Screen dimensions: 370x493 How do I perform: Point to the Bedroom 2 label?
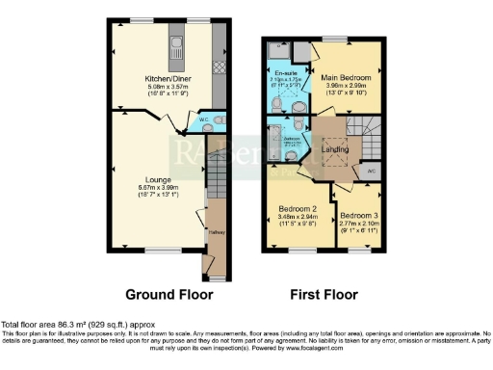tap(298, 208)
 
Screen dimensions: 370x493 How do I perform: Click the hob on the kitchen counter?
tap(219, 67)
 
